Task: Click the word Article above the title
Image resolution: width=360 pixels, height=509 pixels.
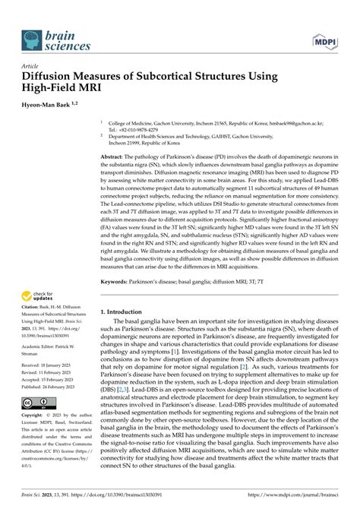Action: [33, 66]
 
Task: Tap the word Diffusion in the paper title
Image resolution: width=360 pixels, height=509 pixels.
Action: [54, 76]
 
